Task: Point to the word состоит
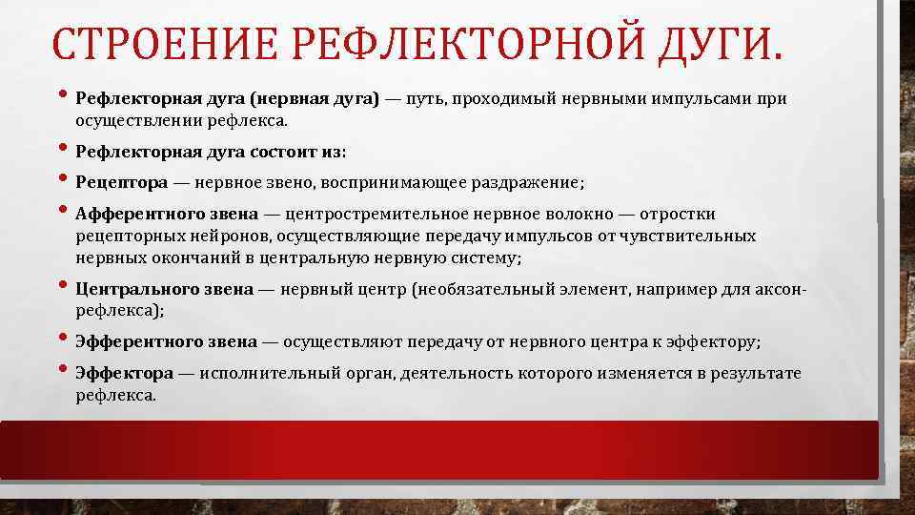coord(283,152)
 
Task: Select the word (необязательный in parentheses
coord(467,288)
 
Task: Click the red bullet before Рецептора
coord(63,180)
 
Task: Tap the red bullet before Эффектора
coord(63,371)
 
